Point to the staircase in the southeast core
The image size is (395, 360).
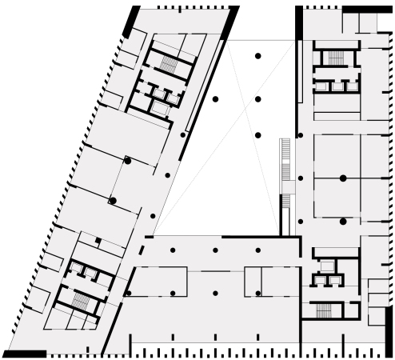(323, 309)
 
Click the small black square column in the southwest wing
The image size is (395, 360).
(97, 240)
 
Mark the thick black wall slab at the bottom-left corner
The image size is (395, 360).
(24, 353)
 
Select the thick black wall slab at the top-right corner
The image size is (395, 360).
(368, 9)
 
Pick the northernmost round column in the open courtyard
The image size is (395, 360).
(257, 55)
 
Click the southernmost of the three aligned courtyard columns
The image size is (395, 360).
(257, 135)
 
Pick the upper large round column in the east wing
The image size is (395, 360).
(342, 178)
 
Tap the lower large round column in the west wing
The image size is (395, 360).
(113, 200)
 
